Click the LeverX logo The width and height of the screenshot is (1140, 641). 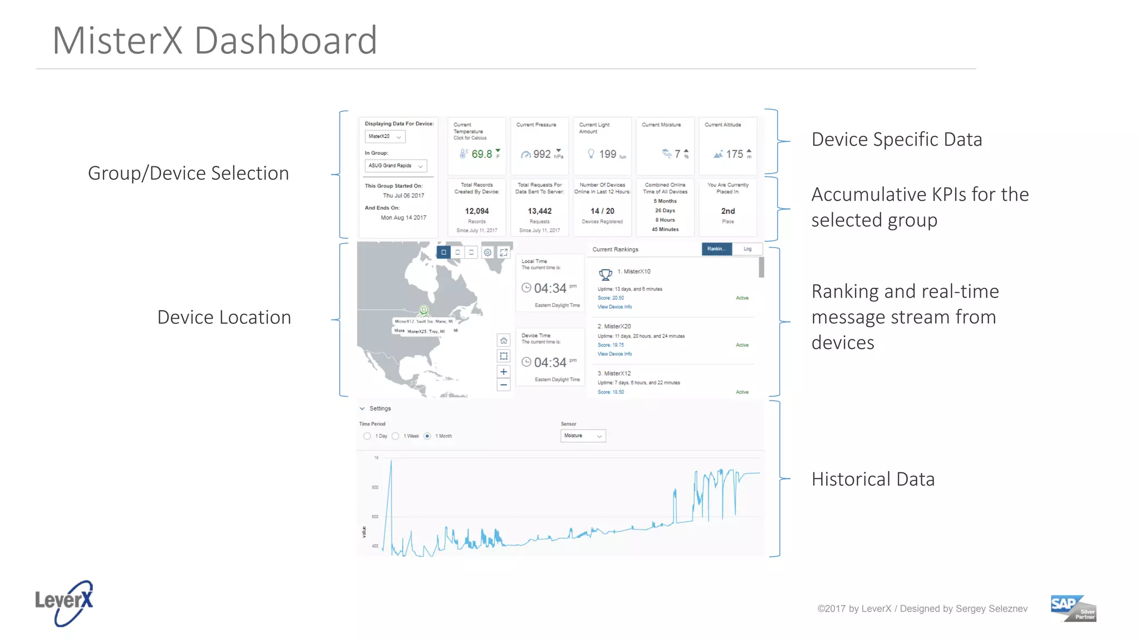(x=64, y=603)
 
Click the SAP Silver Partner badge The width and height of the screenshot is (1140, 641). (x=1073, y=608)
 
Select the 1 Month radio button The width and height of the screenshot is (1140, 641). (x=427, y=436)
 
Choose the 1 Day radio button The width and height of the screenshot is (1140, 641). (x=367, y=436)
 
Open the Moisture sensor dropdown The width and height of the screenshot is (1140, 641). (x=583, y=436)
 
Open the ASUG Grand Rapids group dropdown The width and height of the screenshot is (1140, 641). (x=396, y=166)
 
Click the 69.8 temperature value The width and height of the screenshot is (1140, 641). (x=481, y=154)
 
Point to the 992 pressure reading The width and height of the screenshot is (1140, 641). (x=542, y=154)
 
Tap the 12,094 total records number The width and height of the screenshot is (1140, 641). (x=477, y=211)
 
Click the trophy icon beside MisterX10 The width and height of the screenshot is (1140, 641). (x=605, y=274)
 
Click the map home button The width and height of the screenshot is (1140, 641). (x=503, y=341)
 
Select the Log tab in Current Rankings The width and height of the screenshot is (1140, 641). (x=747, y=249)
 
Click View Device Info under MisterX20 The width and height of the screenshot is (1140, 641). (x=615, y=354)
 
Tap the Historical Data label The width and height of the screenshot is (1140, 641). (x=873, y=479)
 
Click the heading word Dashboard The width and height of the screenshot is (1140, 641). (x=286, y=41)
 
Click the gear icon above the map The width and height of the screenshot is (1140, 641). (x=488, y=253)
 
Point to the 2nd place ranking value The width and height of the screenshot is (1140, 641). (x=728, y=211)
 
